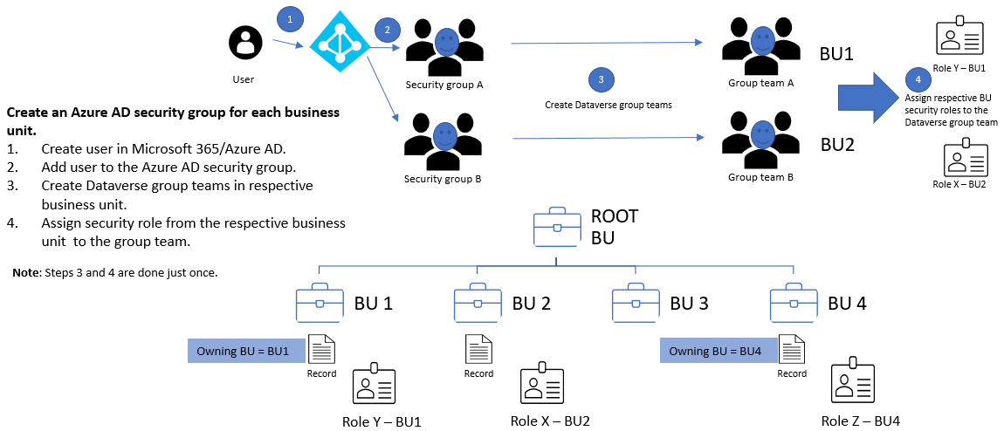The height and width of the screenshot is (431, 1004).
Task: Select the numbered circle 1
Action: click(289, 17)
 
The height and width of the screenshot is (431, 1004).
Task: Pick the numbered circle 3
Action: click(601, 79)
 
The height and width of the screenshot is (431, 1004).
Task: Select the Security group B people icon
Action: click(445, 142)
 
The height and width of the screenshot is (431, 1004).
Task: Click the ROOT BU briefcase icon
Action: click(558, 229)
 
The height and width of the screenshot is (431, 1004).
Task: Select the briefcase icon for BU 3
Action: click(636, 304)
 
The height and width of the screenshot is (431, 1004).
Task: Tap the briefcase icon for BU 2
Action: click(478, 304)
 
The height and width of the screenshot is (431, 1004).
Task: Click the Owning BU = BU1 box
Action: click(246, 351)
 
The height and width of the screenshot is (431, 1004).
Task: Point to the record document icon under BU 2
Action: click(478, 350)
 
